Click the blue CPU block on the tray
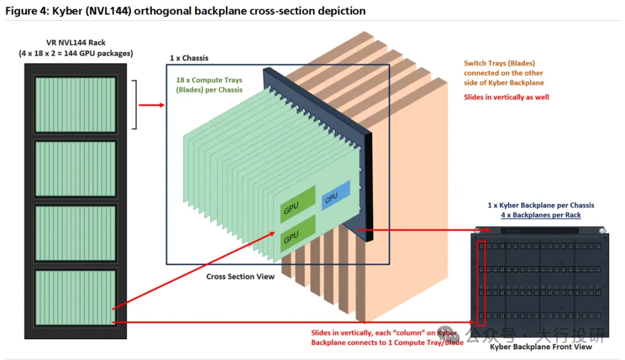pyautogui.click(x=336, y=196)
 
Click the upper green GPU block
pyautogui.click(x=298, y=203)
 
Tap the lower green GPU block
pyautogui.click(x=298, y=234)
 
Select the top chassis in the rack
pyautogui.click(x=75, y=104)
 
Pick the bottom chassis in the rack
pyautogui.click(x=75, y=297)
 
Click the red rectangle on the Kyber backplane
pyautogui.click(x=481, y=283)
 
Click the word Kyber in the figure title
pyautogui.click(x=67, y=11)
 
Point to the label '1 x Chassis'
pyautogui.click(x=189, y=58)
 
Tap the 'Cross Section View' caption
pyautogui.click(x=240, y=277)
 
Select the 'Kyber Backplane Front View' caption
pyautogui.click(x=541, y=347)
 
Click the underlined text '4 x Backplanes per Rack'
pyautogui.click(x=541, y=215)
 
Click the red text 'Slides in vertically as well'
pyautogui.click(x=506, y=97)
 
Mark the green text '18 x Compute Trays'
pyautogui.click(x=209, y=80)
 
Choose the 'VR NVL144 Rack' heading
pyautogui.click(x=76, y=43)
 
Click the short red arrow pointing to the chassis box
pyautogui.click(x=152, y=105)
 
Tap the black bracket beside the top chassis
pyautogui.click(x=135, y=104)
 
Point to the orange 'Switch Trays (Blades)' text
pyautogui.click(x=499, y=63)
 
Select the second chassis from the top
pyautogui.click(x=75, y=169)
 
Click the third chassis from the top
pyautogui.click(x=75, y=233)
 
